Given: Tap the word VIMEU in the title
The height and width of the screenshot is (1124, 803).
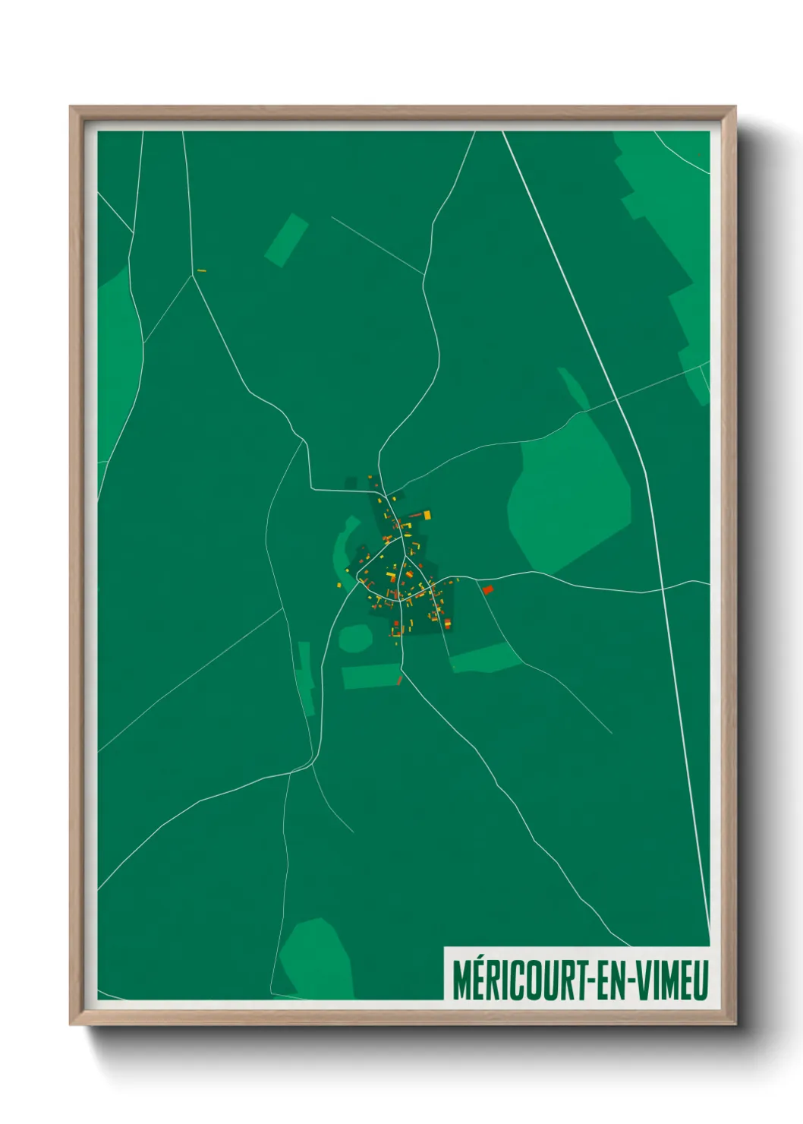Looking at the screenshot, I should coord(671,980).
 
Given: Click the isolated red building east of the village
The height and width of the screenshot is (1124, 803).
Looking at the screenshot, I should coord(488,589).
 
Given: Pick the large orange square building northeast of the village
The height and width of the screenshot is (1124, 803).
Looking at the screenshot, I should coord(427,515).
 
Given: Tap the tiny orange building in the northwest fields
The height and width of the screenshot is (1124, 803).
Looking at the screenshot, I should coord(201,270).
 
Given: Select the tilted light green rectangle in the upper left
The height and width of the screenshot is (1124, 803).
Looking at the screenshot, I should coord(286,240).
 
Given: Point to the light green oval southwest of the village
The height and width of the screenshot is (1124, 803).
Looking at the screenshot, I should coord(354,638).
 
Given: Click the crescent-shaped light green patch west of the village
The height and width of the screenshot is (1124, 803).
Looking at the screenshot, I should coord(342,545).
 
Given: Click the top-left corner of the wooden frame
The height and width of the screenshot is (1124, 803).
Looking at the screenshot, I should coord(72,109).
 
